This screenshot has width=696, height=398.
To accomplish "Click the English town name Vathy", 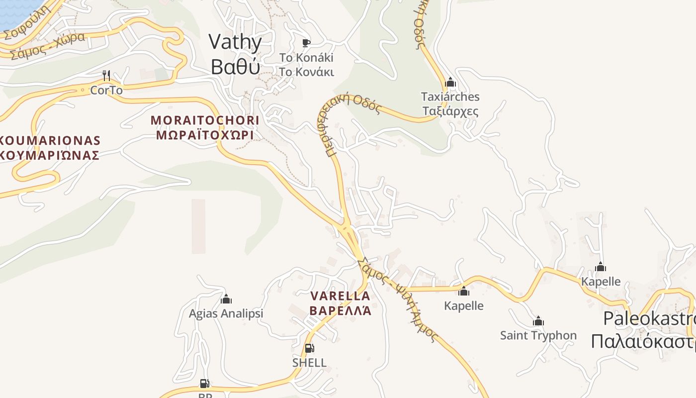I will [235, 42].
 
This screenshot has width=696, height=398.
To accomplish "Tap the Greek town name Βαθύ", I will [235, 67].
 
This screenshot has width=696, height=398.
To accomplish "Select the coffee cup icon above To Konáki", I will [306, 43].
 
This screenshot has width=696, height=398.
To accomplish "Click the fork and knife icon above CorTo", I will [106, 76].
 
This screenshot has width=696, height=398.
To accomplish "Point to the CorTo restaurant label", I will [106, 91].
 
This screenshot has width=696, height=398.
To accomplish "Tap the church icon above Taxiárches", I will [450, 82].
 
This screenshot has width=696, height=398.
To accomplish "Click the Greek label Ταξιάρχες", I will [450, 110].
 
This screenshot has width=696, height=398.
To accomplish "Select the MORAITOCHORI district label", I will [205, 120].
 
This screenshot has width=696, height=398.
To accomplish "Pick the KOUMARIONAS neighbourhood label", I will [50, 141].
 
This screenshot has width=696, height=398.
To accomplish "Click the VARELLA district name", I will [340, 296].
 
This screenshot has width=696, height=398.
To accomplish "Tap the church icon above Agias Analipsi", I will [226, 299].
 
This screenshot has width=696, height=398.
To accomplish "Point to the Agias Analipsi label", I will [226, 314].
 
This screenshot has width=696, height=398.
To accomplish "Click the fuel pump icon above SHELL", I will [309, 348].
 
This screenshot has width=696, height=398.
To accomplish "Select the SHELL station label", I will [309, 363].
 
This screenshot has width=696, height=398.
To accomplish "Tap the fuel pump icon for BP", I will [204, 384].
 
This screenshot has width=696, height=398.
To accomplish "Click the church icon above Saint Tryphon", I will [538, 321].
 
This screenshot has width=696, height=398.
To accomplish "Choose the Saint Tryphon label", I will [538, 335].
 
